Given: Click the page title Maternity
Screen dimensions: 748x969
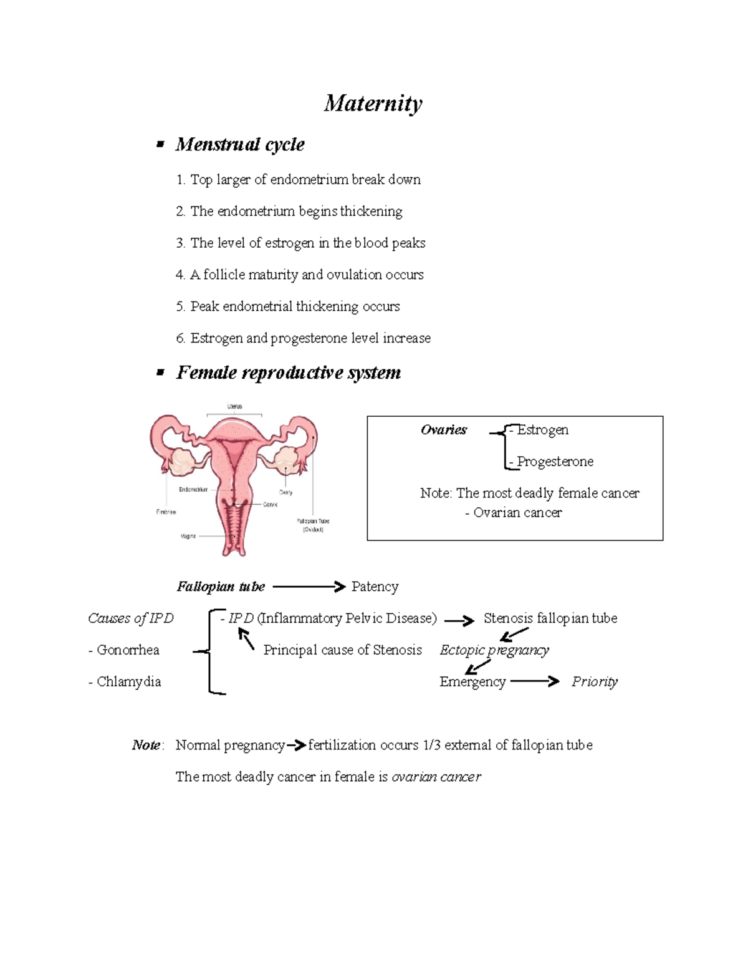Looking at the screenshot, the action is [x=373, y=103].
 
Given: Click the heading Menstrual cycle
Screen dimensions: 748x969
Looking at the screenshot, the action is [x=240, y=145].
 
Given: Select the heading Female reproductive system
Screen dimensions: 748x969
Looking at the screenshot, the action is [x=288, y=373].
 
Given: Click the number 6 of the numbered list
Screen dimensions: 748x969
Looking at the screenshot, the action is [x=180, y=338].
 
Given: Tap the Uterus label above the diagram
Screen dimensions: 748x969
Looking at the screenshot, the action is [x=234, y=406].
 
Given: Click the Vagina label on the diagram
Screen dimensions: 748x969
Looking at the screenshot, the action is [x=188, y=536].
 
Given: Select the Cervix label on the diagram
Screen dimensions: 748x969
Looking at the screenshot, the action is [x=270, y=504].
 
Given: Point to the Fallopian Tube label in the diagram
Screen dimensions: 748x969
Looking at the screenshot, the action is [x=313, y=521].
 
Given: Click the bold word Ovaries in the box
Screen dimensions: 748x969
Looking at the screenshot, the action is [x=443, y=429].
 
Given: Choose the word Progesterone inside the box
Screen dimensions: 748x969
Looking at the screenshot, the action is [x=555, y=462].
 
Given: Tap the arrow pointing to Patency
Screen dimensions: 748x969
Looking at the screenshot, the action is [x=309, y=587].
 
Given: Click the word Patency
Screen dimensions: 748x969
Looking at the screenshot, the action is [x=375, y=587].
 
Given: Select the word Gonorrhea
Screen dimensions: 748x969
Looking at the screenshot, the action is [x=128, y=650].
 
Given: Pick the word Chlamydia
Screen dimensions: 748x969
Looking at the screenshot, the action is [x=128, y=682].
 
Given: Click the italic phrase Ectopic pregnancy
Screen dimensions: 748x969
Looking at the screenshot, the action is [x=494, y=650].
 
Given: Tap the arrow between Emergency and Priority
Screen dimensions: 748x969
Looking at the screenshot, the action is [x=535, y=681].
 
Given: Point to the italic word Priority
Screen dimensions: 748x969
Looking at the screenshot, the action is [x=595, y=682].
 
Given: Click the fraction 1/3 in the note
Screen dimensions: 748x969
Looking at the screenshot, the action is [x=431, y=745].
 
